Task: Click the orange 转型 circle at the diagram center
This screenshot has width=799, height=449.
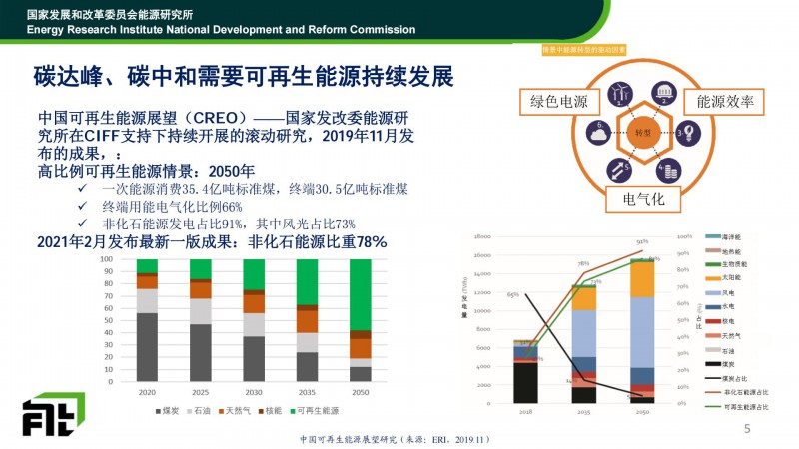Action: pyautogui.click(x=642, y=132)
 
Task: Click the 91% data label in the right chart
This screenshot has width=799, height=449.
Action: pyautogui.click(x=642, y=242)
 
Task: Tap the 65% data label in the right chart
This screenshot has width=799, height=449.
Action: pyautogui.click(x=512, y=295)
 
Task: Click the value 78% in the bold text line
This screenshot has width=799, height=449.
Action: pyautogui.click(x=365, y=242)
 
